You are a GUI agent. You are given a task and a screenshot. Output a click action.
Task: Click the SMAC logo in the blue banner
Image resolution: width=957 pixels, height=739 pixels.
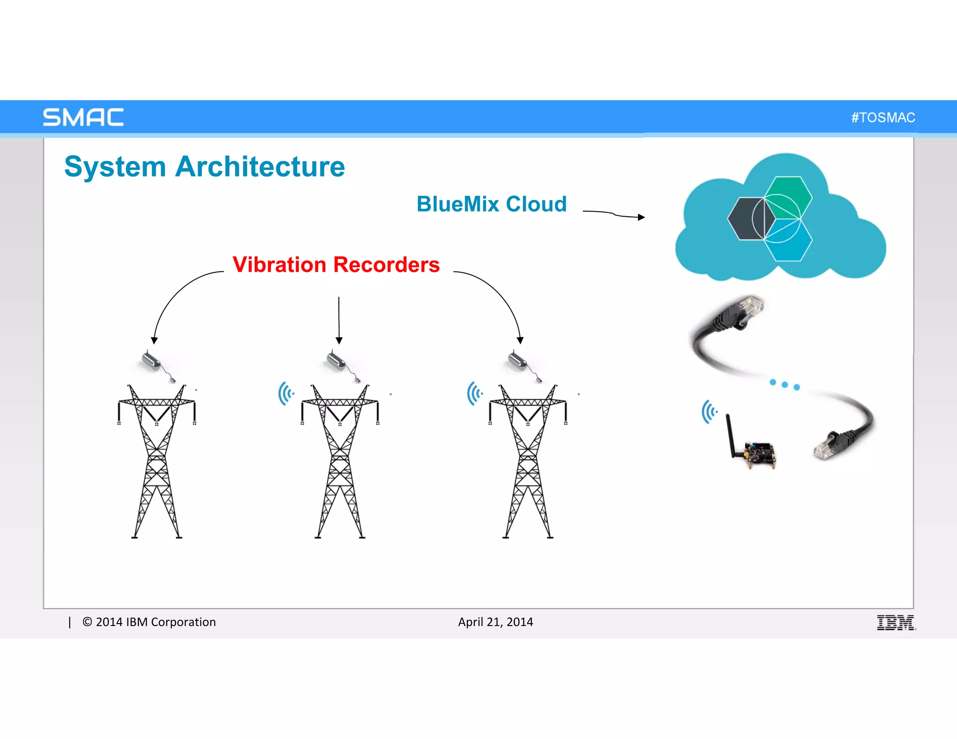pos(83,117)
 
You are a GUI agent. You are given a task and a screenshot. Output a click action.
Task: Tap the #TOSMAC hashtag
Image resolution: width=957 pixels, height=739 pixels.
pos(883,117)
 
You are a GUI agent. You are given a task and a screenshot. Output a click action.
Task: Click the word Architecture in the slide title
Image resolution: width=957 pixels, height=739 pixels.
pos(260,167)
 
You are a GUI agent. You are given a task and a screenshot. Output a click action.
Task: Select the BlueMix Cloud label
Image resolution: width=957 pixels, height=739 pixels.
pos(492,204)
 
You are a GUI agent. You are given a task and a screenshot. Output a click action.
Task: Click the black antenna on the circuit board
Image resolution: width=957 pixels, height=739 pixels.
pos(729,434)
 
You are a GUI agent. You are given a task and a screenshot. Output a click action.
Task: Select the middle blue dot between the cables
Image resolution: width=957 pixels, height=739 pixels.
pos(785,384)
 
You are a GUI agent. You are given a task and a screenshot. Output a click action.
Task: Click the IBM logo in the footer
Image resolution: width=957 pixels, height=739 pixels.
pos(896,622)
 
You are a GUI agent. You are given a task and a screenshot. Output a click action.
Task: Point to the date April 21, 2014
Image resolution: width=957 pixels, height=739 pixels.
pos(495,622)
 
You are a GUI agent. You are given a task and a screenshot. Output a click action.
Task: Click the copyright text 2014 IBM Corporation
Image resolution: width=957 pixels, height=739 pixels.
pos(149,622)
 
